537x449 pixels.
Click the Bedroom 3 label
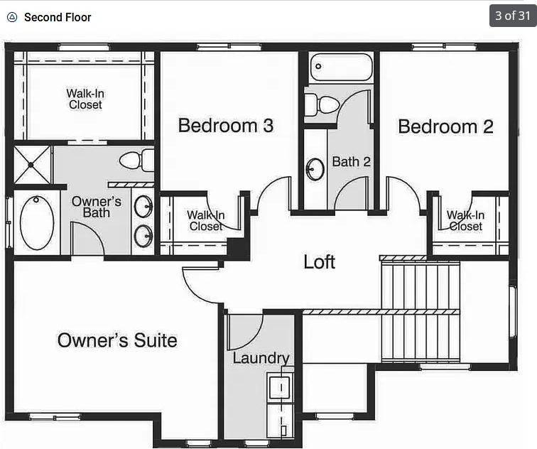tap(225, 126)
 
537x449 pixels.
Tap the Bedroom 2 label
tap(445, 126)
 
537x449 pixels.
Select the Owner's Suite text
tap(117, 340)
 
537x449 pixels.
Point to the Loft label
tap(319, 261)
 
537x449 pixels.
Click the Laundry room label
tap(261, 358)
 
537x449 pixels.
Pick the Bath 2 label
tap(351, 162)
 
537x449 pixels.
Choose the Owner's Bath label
tap(97, 207)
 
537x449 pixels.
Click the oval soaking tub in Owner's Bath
tap(36, 222)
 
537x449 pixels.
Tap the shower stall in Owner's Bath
tap(32, 164)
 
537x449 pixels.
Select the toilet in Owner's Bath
tap(135, 160)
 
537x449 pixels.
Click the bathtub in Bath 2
tap(341, 68)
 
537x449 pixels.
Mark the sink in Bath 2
tap(315, 169)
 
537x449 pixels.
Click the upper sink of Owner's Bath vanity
tap(143, 206)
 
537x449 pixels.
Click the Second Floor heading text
tap(58, 17)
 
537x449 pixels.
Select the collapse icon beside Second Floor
tap(11, 17)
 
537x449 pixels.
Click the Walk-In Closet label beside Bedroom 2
tap(465, 220)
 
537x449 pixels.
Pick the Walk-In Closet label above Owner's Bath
tap(85, 99)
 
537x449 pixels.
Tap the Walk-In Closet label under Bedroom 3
tap(205, 220)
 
